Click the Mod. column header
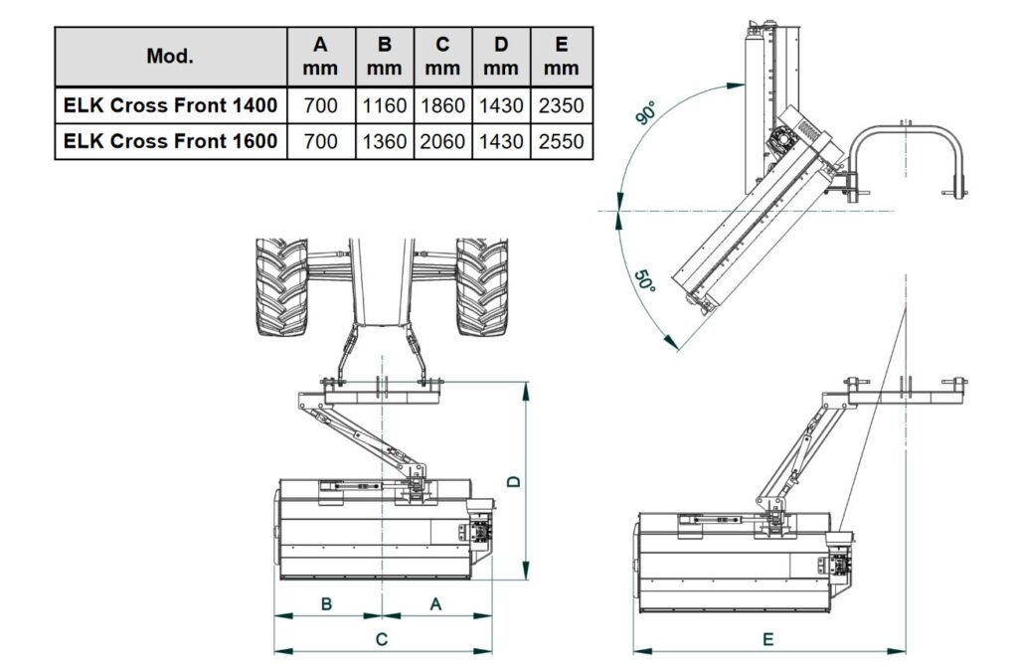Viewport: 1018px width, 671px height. (170, 56)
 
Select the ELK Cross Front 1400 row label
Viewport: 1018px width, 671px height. (170, 105)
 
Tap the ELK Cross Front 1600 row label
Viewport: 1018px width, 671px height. (170, 141)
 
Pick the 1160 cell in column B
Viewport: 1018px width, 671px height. (384, 105)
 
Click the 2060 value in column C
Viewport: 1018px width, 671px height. (442, 141)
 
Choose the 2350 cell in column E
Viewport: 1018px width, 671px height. (562, 105)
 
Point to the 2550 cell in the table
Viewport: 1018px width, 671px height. (562, 141)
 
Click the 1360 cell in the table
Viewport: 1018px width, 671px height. (384, 141)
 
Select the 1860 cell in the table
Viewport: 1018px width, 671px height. (442, 105)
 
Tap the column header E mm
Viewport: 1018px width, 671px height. (562, 56)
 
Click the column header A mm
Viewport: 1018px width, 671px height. (320, 56)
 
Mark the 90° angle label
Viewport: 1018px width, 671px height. (649, 112)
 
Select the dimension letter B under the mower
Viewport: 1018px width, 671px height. (327, 602)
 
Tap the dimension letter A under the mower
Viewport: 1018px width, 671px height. (435, 602)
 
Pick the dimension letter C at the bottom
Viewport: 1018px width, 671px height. (382, 639)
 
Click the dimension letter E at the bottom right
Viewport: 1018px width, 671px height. (767, 639)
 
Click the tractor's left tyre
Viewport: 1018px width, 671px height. (281, 287)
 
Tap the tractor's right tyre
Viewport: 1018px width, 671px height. (482, 287)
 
